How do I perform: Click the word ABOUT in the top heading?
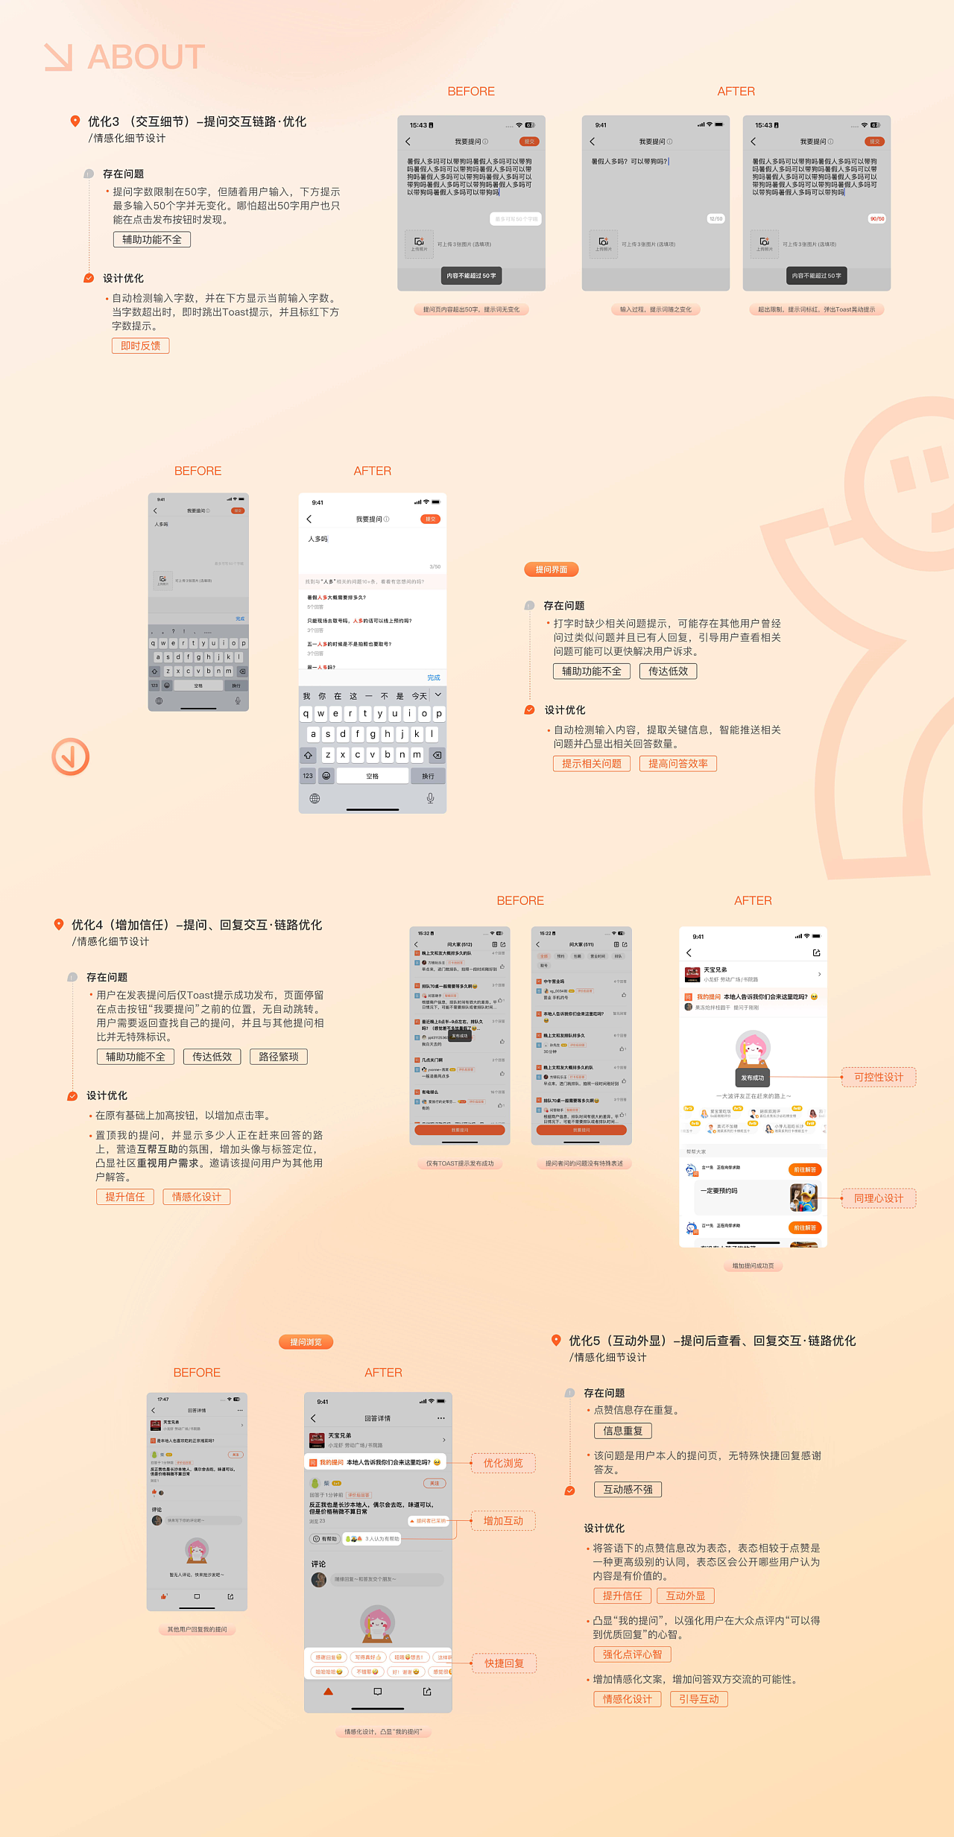tap(146, 57)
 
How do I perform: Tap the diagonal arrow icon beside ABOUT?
tap(59, 57)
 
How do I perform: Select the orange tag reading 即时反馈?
tap(140, 346)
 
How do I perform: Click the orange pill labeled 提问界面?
tap(552, 569)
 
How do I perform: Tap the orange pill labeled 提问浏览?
tap(306, 1342)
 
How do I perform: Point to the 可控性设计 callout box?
tap(878, 1078)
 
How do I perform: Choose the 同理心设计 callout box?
tap(878, 1198)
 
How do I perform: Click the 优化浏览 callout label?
tap(503, 1463)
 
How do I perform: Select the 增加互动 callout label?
tap(503, 1520)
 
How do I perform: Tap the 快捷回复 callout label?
tap(504, 1663)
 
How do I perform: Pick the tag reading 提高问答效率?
tap(677, 763)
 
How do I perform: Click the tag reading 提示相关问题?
tap(591, 763)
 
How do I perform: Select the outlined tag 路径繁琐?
tap(278, 1057)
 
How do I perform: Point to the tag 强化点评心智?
tap(632, 1654)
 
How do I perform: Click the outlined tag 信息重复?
tap(622, 1431)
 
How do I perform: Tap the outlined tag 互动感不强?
tap(628, 1489)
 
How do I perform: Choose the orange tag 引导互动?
tap(698, 1698)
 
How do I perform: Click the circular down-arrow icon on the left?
tap(70, 756)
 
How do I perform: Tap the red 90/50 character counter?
tap(876, 219)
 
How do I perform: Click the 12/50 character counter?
tap(715, 219)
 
